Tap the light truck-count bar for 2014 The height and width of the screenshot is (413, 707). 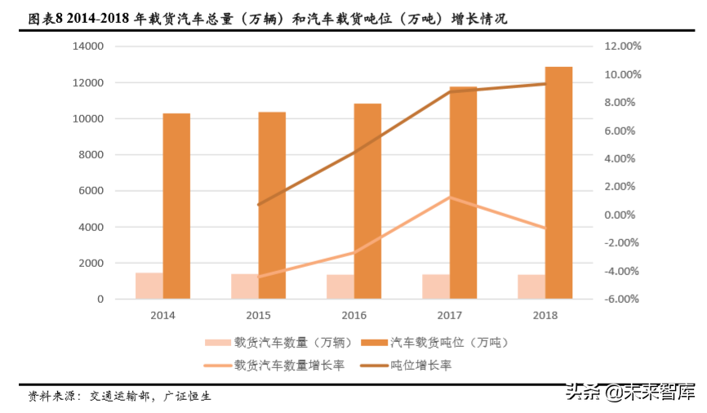[x=149, y=286]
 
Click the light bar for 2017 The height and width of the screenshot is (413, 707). [x=436, y=286]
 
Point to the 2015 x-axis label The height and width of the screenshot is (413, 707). [x=258, y=314]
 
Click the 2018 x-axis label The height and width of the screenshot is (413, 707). [x=545, y=314]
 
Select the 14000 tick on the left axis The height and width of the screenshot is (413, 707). [x=88, y=47]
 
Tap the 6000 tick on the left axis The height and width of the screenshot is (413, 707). [x=91, y=191]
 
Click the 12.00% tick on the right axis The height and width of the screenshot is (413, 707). [x=623, y=47]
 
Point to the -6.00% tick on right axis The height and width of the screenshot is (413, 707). [x=623, y=299]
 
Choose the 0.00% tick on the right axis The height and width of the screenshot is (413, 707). [x=624, y=215]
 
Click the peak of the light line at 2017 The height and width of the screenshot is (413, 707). [x=450, y=198]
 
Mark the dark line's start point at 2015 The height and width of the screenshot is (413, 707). [x=258, y=205]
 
